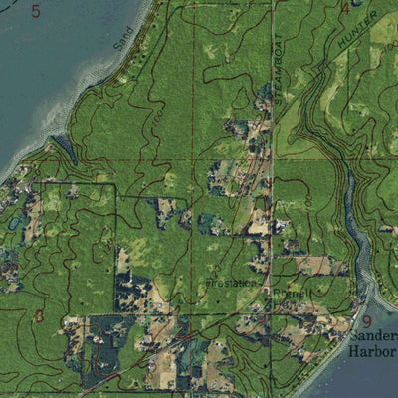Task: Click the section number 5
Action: click(x=36, y=12)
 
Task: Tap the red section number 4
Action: click(x=345, y=8)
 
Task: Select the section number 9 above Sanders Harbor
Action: click(x=366, y=321)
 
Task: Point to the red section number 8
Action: click(x=38, y=316)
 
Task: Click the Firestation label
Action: click(x=231, y=282)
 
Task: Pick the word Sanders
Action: click(x=372, y=338)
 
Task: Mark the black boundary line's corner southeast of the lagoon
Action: click(x=113, y=183)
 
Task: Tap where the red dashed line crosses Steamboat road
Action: click(x=273, y=159)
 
